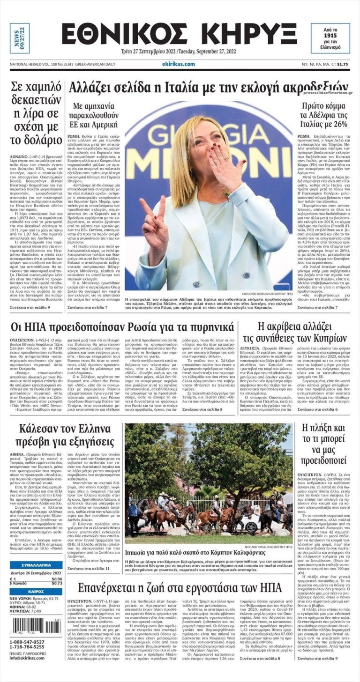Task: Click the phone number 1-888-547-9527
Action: (28, 642)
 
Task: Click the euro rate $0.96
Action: (56, 578)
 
